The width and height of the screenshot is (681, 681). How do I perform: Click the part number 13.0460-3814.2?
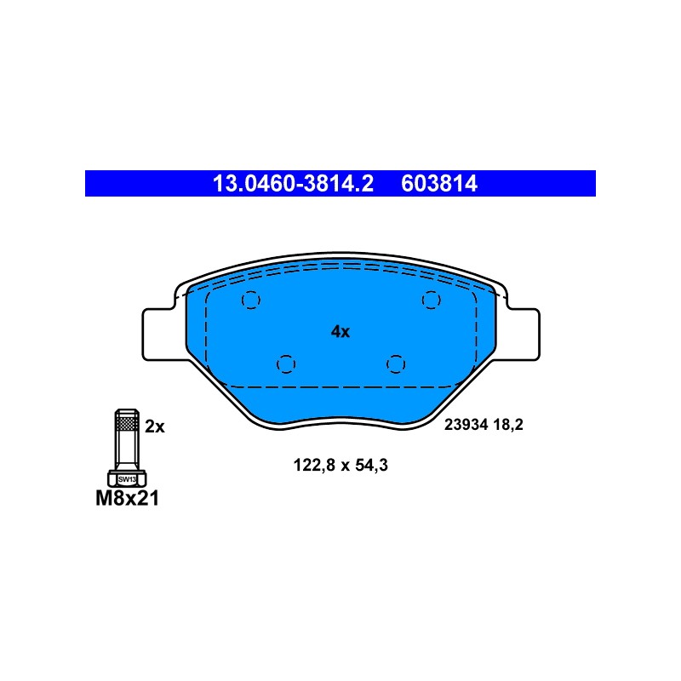click(x=293, y=184)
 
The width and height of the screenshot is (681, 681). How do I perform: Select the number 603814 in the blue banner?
click(x=439, y=184)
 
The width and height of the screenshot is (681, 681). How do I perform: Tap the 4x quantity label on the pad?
click(x=340, y=332)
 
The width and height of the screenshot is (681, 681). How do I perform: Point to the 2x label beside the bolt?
click(x=155, y=427)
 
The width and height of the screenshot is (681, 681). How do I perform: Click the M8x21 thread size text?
click(x=127, y=498)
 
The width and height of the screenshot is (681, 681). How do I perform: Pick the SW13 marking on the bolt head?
click(x=127, y=479)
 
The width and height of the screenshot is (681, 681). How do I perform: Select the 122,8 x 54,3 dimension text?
click(x=340, y=465)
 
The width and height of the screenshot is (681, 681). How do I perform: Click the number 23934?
click(x=466, y=424)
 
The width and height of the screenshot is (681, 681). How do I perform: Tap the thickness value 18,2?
click(x=508, y=424)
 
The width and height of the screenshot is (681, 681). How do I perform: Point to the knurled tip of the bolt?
click(x=127, y=420)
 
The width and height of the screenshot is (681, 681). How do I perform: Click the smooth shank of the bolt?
click(x=127, y=450)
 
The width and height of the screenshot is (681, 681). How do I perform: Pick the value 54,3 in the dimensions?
click(x=371, y=465)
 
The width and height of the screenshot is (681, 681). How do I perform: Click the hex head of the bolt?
click(x=127, y=478)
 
